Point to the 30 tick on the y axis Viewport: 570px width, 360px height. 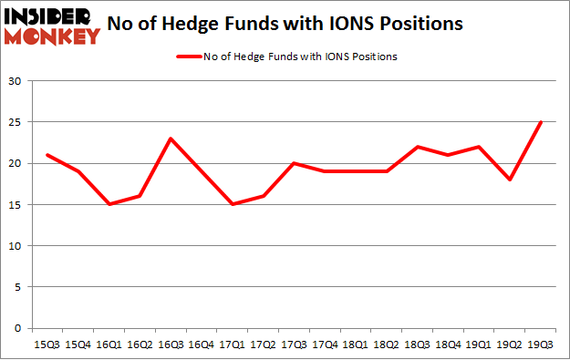click(x=16, y=81)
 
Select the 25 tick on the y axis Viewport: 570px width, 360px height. click(x=16, y=122)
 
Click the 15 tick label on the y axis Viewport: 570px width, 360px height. click(x=16, y=204)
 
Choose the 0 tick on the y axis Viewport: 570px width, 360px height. click(x=18, y=328)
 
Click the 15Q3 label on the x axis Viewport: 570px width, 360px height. click(x=47, y=345)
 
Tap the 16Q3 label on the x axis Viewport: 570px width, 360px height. click(x=171, y=345)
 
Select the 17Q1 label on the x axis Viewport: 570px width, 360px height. click(x=233, y=345)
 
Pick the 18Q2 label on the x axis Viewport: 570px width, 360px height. click(x=386, y=345)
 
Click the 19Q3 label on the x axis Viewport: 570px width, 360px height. click(x=539, y=345)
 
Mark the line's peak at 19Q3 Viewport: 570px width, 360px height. click(x=540, y=122)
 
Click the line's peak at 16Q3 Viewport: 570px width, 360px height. click(x=171, y=139)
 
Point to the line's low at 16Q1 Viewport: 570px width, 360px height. click(x=109, y=204)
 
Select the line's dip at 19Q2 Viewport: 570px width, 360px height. click(x=509, y=180)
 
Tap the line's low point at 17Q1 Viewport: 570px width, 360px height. click(x=233, y=204)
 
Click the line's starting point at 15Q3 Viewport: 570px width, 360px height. click(x=47, y=155)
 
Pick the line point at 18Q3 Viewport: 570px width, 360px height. click(x=417, y=147)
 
